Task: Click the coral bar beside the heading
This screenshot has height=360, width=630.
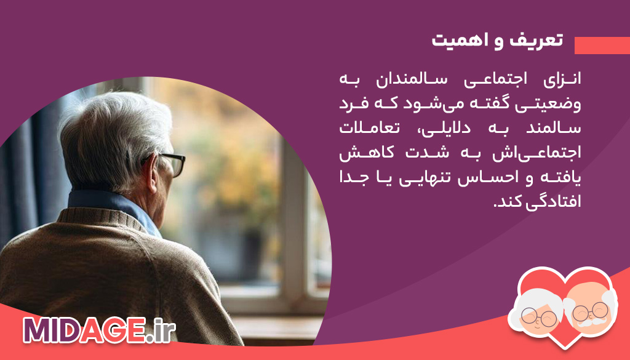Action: [602, 46]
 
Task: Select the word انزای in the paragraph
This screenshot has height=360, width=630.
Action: [562, 81]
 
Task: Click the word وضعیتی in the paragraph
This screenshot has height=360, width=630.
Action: [553, 104]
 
